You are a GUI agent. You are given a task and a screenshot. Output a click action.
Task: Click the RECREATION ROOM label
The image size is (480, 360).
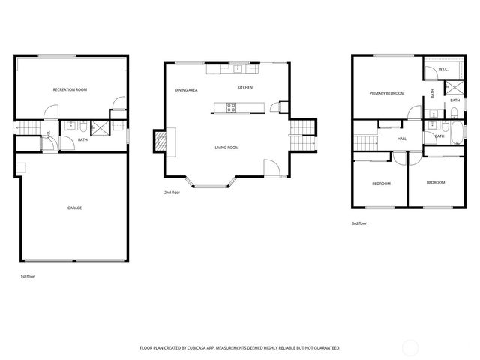[70, 89]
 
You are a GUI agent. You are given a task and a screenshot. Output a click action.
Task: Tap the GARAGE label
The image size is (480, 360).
[74, 208]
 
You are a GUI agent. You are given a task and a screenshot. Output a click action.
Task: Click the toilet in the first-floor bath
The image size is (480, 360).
[85, 124]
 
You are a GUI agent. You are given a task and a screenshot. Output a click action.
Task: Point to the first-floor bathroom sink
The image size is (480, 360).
[70, 124]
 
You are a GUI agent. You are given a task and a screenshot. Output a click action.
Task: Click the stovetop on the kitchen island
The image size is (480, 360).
[232, 110]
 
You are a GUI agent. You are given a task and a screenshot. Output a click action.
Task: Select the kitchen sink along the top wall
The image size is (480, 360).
[238, 68]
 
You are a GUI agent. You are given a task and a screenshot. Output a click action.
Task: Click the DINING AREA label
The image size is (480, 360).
[186, 90]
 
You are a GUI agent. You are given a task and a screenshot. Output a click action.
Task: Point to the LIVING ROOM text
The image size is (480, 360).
[226, 148]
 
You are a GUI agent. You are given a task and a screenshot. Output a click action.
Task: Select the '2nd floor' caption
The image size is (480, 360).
[172, 193]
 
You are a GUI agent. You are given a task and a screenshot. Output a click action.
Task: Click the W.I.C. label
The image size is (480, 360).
[442, 70]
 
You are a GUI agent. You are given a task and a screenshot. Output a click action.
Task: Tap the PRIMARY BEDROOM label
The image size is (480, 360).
[386, 94]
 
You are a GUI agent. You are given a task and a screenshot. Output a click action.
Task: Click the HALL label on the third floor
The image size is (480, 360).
[401, 139]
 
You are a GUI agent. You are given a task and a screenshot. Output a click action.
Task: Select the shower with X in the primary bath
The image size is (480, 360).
[454, 88]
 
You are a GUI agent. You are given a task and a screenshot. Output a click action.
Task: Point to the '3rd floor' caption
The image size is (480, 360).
[359, 223]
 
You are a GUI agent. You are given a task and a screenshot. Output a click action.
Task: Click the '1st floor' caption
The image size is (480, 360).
[27, 277]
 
